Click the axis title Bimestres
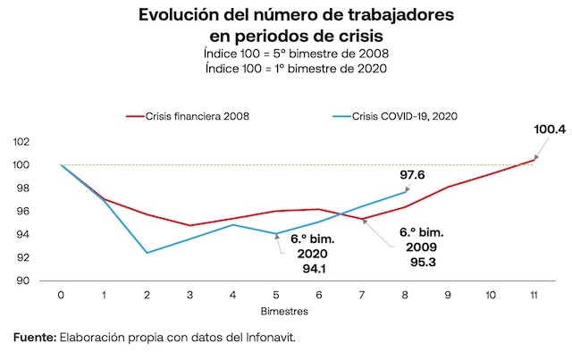pos(286,312)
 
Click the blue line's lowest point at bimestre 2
pos(147,253)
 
